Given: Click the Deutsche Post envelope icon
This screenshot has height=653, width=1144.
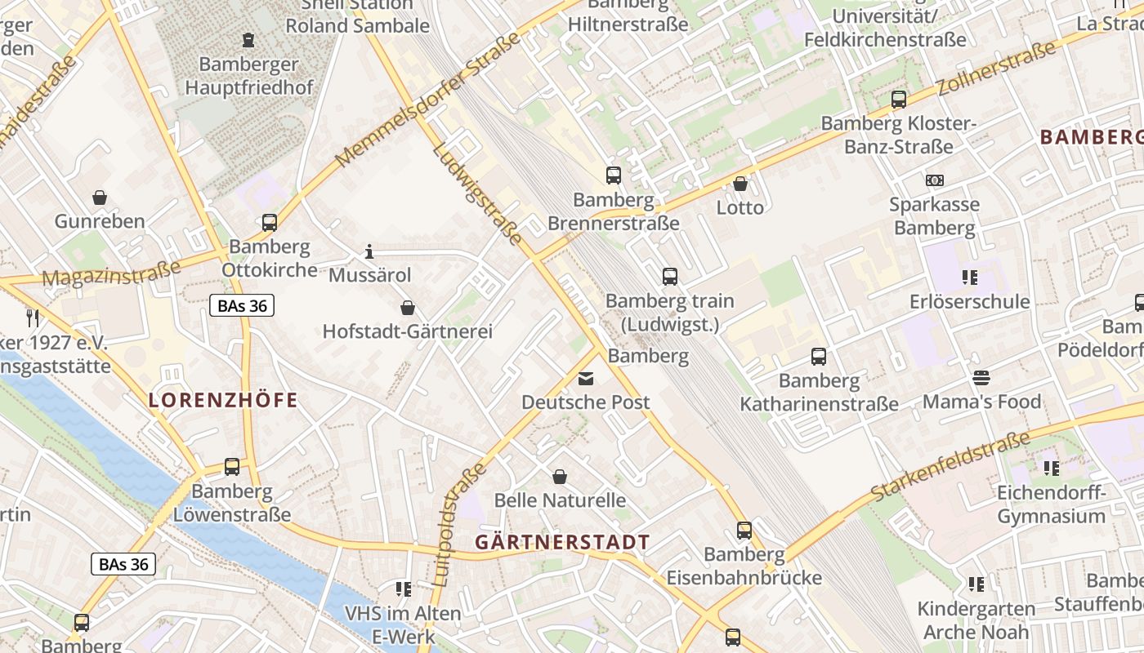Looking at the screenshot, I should click(586, 379).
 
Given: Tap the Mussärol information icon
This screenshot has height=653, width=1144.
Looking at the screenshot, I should click(369, 251).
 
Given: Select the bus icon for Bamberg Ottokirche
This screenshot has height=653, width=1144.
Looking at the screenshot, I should click(270, 222).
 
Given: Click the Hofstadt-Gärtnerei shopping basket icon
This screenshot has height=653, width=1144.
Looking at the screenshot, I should click(407, 308).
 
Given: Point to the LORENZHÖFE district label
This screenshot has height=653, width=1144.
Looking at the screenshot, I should click(223, 401).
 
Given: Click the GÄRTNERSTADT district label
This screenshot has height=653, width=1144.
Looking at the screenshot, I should click(562, 542).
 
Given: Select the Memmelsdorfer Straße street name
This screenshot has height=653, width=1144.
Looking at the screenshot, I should click(427, 100).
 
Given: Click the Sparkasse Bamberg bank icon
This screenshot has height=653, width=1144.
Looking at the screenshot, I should click(934, 180).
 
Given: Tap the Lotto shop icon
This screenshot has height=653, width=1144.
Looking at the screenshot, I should click(740, 184).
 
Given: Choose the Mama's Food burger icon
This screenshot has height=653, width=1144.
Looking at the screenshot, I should click(981, 378).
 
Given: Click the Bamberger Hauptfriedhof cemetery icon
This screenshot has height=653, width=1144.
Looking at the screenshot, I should click(248, 39).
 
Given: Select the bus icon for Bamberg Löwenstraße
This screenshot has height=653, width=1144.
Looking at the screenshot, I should click(232, 467).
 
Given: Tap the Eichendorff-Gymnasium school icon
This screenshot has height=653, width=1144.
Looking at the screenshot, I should click(1051, 469).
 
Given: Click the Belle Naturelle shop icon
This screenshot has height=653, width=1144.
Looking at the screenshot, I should click(560, 476).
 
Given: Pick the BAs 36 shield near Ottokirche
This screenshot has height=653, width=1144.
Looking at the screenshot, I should click(242, 306).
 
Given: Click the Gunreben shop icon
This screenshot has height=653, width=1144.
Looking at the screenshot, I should click(100, 198).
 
